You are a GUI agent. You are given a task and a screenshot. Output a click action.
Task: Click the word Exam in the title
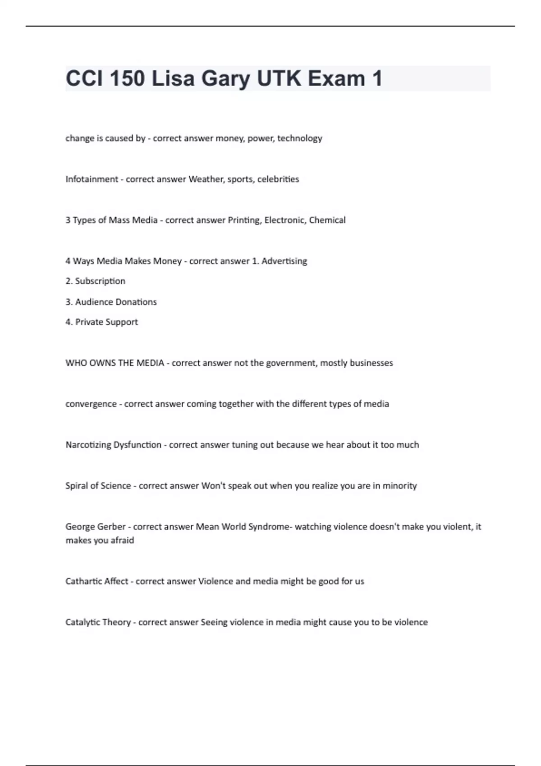(x=336, y=78)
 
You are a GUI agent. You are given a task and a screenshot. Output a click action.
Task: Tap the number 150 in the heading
(x=127, y=78)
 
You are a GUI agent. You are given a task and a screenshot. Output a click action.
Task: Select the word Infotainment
(x=92, y=179)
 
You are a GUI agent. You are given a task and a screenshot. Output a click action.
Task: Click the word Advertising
(x=284, y=261)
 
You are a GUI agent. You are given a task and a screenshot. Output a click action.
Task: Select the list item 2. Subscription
(x=95, y=281)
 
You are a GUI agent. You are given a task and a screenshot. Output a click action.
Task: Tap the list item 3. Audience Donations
(x=111, y=302)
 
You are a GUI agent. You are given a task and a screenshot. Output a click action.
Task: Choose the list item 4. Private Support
(x=101, y=322)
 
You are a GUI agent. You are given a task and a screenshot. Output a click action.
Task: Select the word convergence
(x=91, y=404)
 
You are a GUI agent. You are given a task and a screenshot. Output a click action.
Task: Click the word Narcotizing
(x=88, y=445)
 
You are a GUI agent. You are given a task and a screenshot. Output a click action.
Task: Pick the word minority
(x=399, y=486)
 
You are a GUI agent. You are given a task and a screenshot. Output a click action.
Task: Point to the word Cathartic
(x=83, y=581)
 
